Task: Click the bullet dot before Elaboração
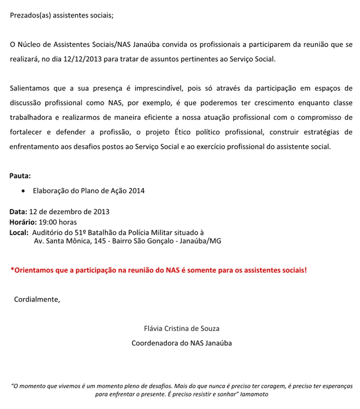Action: pyautogui.click(x=23, y=191)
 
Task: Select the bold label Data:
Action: pyautogui.click(x=18, y=212)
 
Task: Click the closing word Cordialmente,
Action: pyautogui.click(x=37, y=299)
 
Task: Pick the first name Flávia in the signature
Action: pyautogui.click(x=155, y=329)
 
